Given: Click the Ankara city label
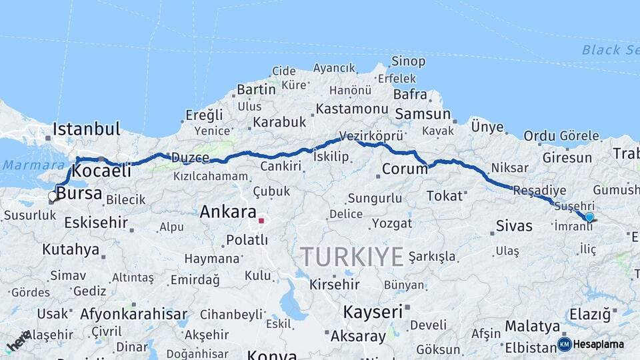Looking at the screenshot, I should [x=229, y=213].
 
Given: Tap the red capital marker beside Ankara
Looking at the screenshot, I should [x=262, y=220].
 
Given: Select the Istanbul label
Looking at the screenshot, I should [x=86, y=129].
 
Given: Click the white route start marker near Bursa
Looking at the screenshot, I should [x=53, y=197].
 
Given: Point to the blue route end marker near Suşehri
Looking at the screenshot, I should [x=589, y=217].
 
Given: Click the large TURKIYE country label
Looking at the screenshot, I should [x=351, y=256].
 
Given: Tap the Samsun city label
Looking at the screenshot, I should [x=422, y=114].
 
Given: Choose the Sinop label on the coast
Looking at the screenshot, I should [x=408, y=62].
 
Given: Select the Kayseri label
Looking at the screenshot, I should [x=373, y=311].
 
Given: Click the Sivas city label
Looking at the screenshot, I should [x=514, y=226].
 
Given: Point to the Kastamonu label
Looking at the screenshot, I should [x=352, y=109].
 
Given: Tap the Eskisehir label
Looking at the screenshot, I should [x=96, y=222].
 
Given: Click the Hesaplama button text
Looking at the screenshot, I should [x=599, y=345].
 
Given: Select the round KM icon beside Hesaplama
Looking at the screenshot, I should [x=564, y=345].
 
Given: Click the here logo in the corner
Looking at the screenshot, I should [x=17, y=342].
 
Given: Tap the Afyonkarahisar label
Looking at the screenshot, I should [x=133, y=313].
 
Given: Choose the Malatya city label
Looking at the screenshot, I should [x=532, y=327].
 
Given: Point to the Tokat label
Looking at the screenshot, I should [x=444, y=195].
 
